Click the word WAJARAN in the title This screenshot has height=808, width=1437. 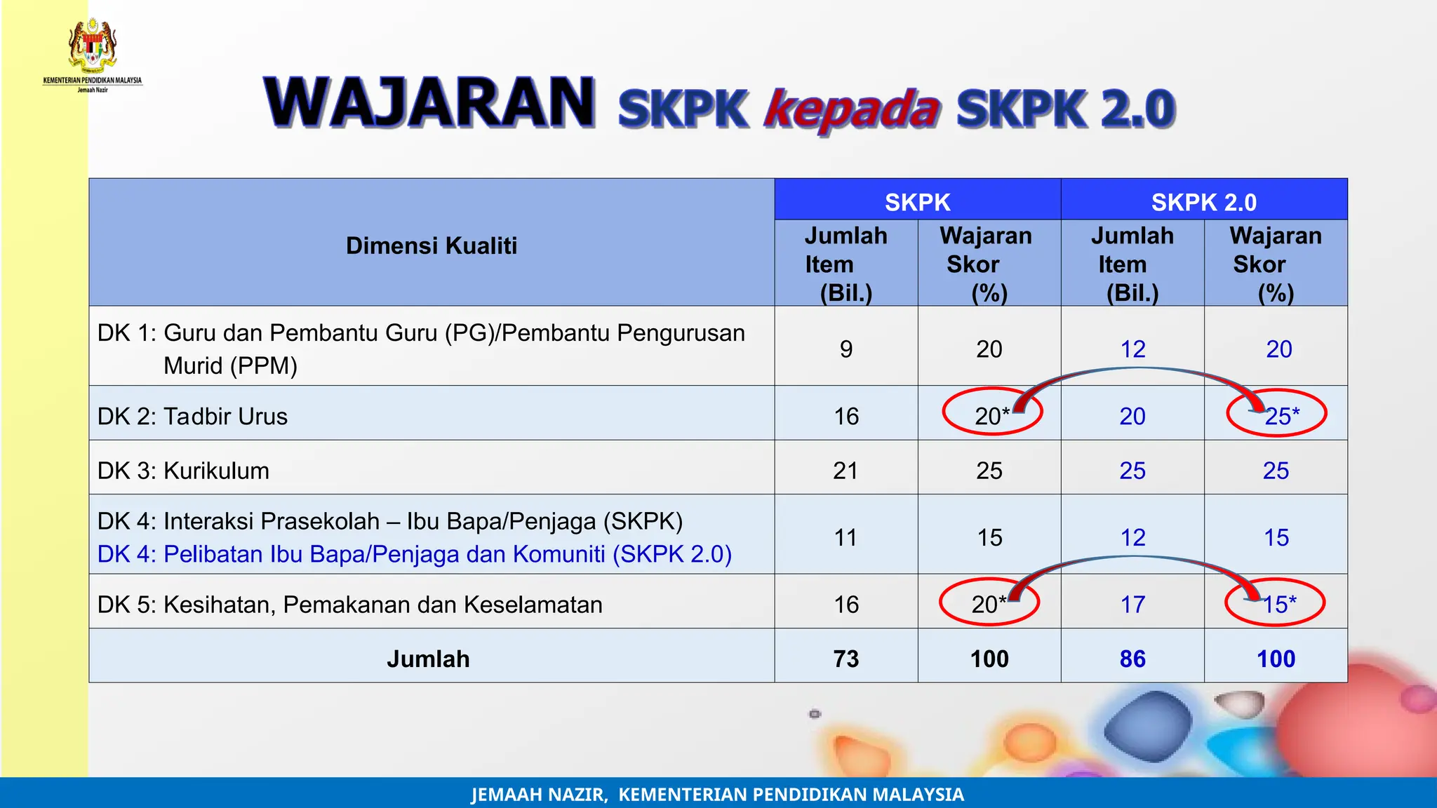coord(429,104)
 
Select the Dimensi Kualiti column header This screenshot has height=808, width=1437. coord(431,245)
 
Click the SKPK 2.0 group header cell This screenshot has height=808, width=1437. coord(1203,202)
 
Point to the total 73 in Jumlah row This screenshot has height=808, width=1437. coord(846,659)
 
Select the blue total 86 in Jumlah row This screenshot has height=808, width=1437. coord(1132,659)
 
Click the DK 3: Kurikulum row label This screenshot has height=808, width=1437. coord(183,470)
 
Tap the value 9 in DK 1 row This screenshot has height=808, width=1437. coord(846,349)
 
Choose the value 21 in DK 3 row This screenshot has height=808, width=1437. coord(846,470)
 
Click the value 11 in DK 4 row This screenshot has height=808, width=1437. coord(846,537)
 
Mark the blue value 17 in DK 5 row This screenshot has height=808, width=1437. coord(1132,604)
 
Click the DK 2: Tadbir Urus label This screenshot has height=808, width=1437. coord(192,416)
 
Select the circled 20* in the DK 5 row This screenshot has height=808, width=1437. coord(989,604)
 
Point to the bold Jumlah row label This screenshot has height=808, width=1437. coord(428,659)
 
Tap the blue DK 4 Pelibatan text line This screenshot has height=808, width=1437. coord(414,554)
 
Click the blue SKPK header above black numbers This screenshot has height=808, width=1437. coord(917,202)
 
